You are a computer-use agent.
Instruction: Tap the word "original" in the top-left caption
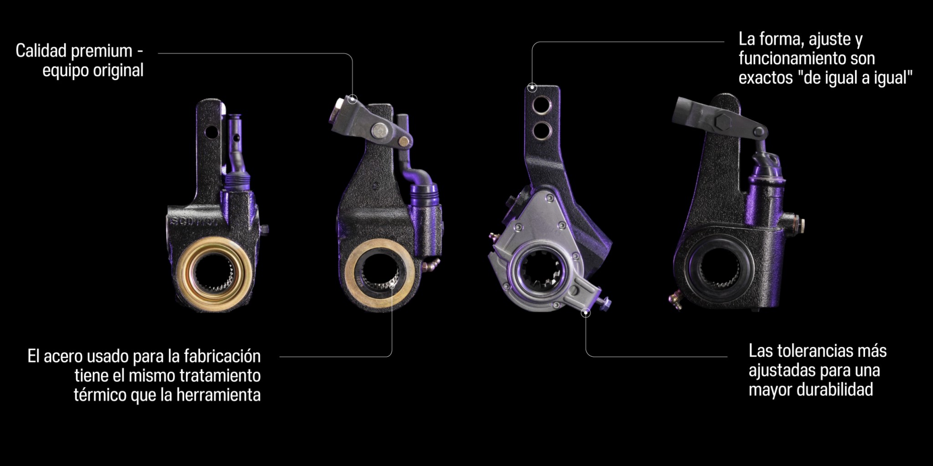118,71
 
